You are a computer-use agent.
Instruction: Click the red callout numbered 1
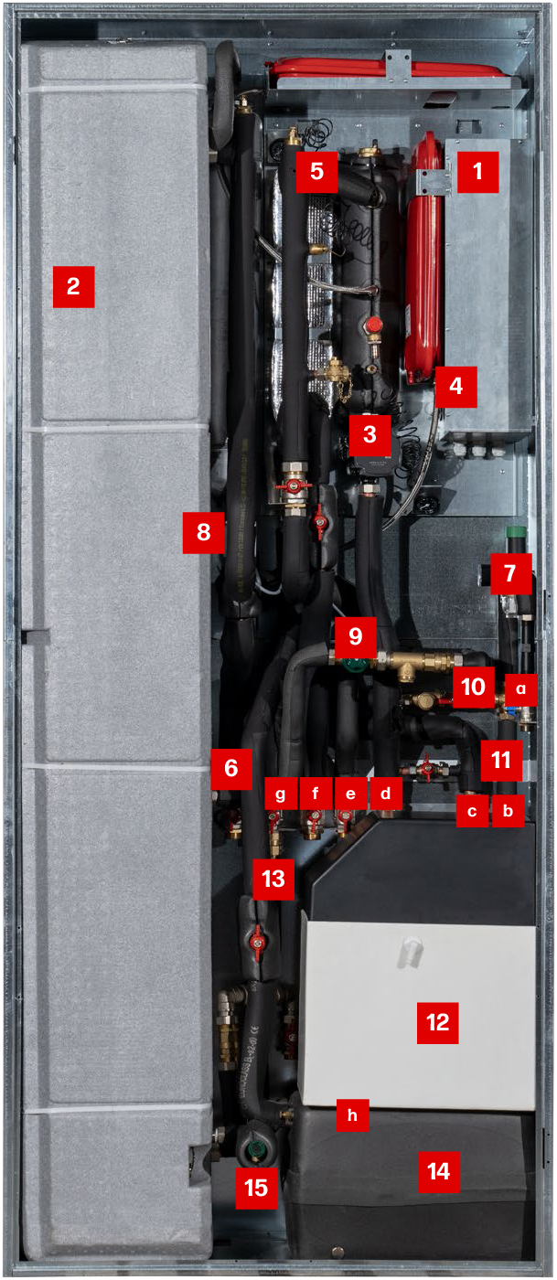478,172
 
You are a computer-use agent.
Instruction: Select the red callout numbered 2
74,287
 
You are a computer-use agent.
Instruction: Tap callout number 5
316,172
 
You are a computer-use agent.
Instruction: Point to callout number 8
204,532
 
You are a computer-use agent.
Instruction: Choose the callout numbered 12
437,1023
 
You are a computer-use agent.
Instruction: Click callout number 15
256,1188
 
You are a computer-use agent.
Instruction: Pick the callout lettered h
352,1115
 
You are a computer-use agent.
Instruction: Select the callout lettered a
521,689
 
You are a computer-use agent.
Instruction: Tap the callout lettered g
280,794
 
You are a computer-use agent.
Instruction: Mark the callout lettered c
472,812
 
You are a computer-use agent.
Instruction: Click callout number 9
356,637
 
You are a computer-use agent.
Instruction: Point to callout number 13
273,879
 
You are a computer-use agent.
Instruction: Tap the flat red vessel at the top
384,69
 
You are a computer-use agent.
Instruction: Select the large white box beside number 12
417,1013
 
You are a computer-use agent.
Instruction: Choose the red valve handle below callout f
314,821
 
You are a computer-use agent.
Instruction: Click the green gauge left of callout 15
250,1149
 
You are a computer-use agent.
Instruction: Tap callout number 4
456,387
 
